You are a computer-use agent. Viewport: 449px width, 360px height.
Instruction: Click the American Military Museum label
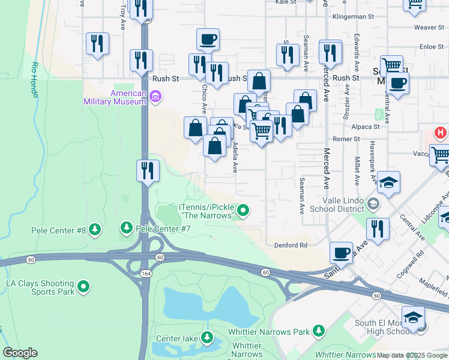pos(128,97)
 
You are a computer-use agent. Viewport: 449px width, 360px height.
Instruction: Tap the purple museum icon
pos(156,96)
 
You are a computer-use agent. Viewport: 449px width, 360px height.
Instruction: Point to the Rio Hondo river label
pos(35,80)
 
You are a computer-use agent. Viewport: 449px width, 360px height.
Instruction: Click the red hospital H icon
pos(441,133)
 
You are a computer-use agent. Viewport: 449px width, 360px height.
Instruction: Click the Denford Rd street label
pos(291,245)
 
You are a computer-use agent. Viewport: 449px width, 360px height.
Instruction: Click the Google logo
pos(20,353)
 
